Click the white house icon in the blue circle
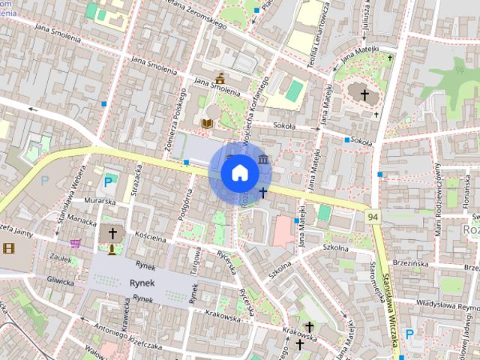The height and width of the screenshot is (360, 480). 239,172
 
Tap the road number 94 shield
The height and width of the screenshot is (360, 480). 372,216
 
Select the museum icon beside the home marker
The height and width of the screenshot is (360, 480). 263,160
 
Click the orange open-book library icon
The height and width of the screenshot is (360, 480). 208,122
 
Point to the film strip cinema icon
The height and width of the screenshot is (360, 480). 8,248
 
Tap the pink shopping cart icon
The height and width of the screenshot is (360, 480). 75,243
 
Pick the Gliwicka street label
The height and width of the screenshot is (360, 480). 60,282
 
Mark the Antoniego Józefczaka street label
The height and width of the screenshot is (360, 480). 129,331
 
